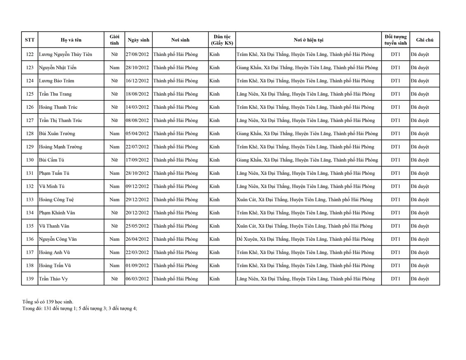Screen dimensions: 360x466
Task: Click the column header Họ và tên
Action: coord(71,40)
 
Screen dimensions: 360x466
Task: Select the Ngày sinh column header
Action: coord(139,40)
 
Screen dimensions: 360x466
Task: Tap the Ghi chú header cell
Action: coord(424,40)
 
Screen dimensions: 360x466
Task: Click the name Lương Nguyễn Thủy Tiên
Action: coord(65,54)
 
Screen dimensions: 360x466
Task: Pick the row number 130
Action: coord(30,160)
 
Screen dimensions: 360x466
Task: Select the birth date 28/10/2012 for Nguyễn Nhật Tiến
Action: coord(137,68)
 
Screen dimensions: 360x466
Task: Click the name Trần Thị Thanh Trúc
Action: coord(60,120)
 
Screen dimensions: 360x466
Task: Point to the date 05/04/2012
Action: coord(137,134)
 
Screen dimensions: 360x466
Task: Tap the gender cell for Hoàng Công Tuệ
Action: coord(114,200)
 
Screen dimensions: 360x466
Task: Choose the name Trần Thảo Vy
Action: coord(53,279)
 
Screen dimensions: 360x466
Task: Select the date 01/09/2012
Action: coord(137,266)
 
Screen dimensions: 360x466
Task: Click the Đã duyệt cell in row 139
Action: coord(420,279)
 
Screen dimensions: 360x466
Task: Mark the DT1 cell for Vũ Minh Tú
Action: coord(395,186)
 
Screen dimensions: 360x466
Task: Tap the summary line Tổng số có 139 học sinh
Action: coord(48,302)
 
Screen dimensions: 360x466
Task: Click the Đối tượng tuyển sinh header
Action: coord(395,40)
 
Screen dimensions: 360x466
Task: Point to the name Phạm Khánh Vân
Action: coord(57,213)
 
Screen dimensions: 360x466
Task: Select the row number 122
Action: coord(30,54)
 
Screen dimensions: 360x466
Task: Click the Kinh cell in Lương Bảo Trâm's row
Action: coord(214,81)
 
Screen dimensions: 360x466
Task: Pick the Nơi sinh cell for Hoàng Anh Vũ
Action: coord(175,252)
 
